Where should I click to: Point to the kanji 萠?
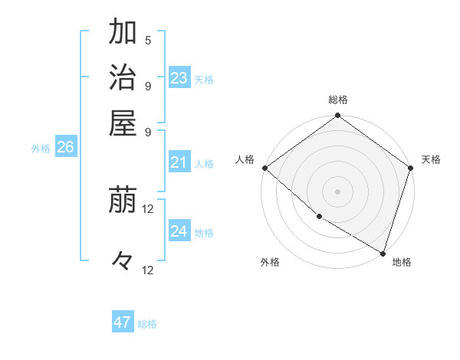pos(123,201)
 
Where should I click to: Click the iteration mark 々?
pos(123,261)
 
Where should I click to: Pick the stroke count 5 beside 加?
pos(148,40)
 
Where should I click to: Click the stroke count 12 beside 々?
pos(148,270)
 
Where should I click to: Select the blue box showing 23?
pos(179,78)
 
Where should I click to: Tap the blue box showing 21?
pos(179,162)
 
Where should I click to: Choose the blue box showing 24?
pos(179,231)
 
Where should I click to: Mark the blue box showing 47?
pos(123,322)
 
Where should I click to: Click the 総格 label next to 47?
pos(147,324)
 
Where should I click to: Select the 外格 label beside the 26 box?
pos(41,149)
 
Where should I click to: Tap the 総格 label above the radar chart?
pos(338,100)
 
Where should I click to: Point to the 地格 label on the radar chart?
pos(402,262)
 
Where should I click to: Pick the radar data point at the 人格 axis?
pos(264,168)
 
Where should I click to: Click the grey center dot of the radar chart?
pos(338,191)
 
